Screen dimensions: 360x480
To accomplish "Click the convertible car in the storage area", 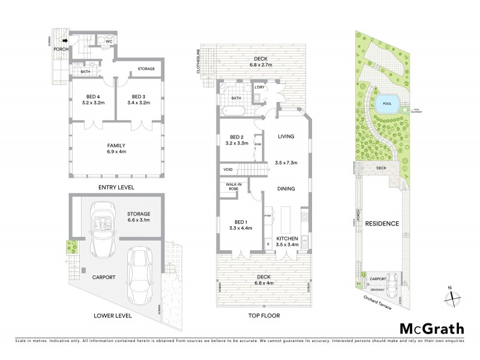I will pyautogui.click(x=98, y=219).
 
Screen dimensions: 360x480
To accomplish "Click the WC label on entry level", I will pyautogui.click(x=110, y=43).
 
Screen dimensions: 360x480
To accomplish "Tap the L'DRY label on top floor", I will pyautogui.click(x=260, y=88).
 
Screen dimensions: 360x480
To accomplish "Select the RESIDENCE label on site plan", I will pyautogui.click(x=382, y=224).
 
